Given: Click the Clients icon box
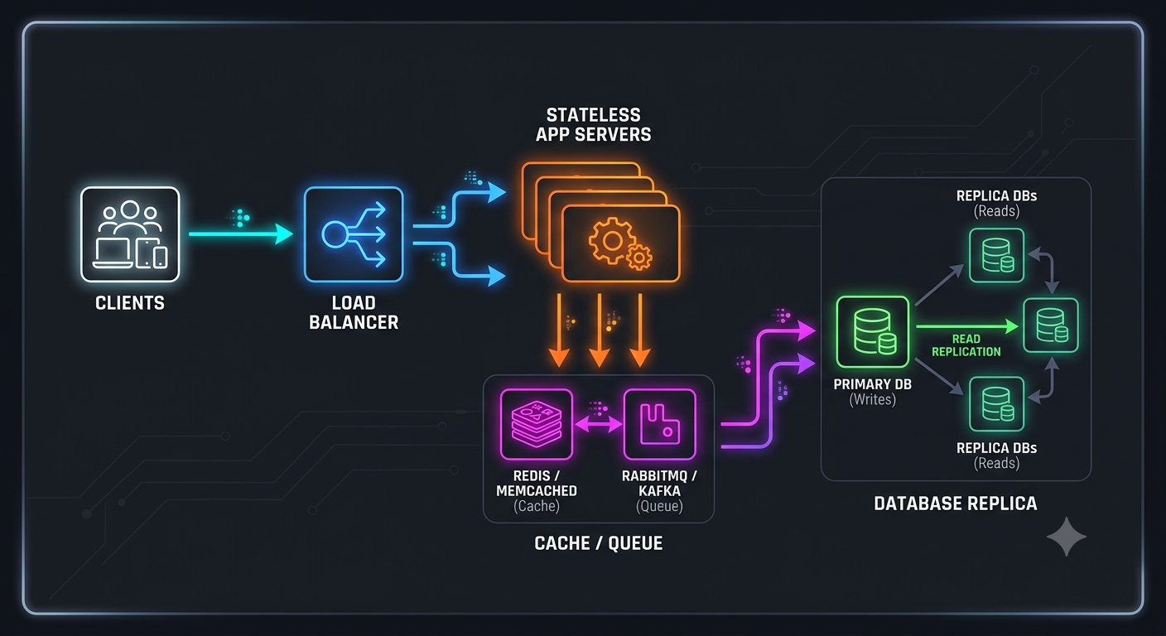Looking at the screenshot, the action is [130, 234].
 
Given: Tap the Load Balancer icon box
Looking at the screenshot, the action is [354, 234].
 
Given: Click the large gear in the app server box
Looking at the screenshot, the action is [613, 240].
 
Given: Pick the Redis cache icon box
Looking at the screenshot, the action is [536, 424].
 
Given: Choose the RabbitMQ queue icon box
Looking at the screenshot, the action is [659, 424].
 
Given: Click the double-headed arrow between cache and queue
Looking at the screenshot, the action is [598, 425].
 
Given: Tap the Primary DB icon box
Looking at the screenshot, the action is [872, 332].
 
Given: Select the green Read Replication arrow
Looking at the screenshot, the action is [967, 326].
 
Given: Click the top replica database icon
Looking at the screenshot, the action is [996, 255].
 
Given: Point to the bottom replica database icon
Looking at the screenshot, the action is [996, 404].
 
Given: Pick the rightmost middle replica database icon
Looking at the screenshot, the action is [1050, 325].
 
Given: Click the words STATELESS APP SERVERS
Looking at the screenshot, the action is [594, 125].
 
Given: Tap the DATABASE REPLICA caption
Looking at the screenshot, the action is [955, 503].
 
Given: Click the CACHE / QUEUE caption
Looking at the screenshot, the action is [599, 543].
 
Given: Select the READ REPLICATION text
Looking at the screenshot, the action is [966, 345].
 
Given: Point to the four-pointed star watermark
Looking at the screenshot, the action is [1066, 537].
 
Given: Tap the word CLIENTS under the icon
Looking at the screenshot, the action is [130, 303].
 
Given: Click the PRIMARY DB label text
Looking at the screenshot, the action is [872, 384].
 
